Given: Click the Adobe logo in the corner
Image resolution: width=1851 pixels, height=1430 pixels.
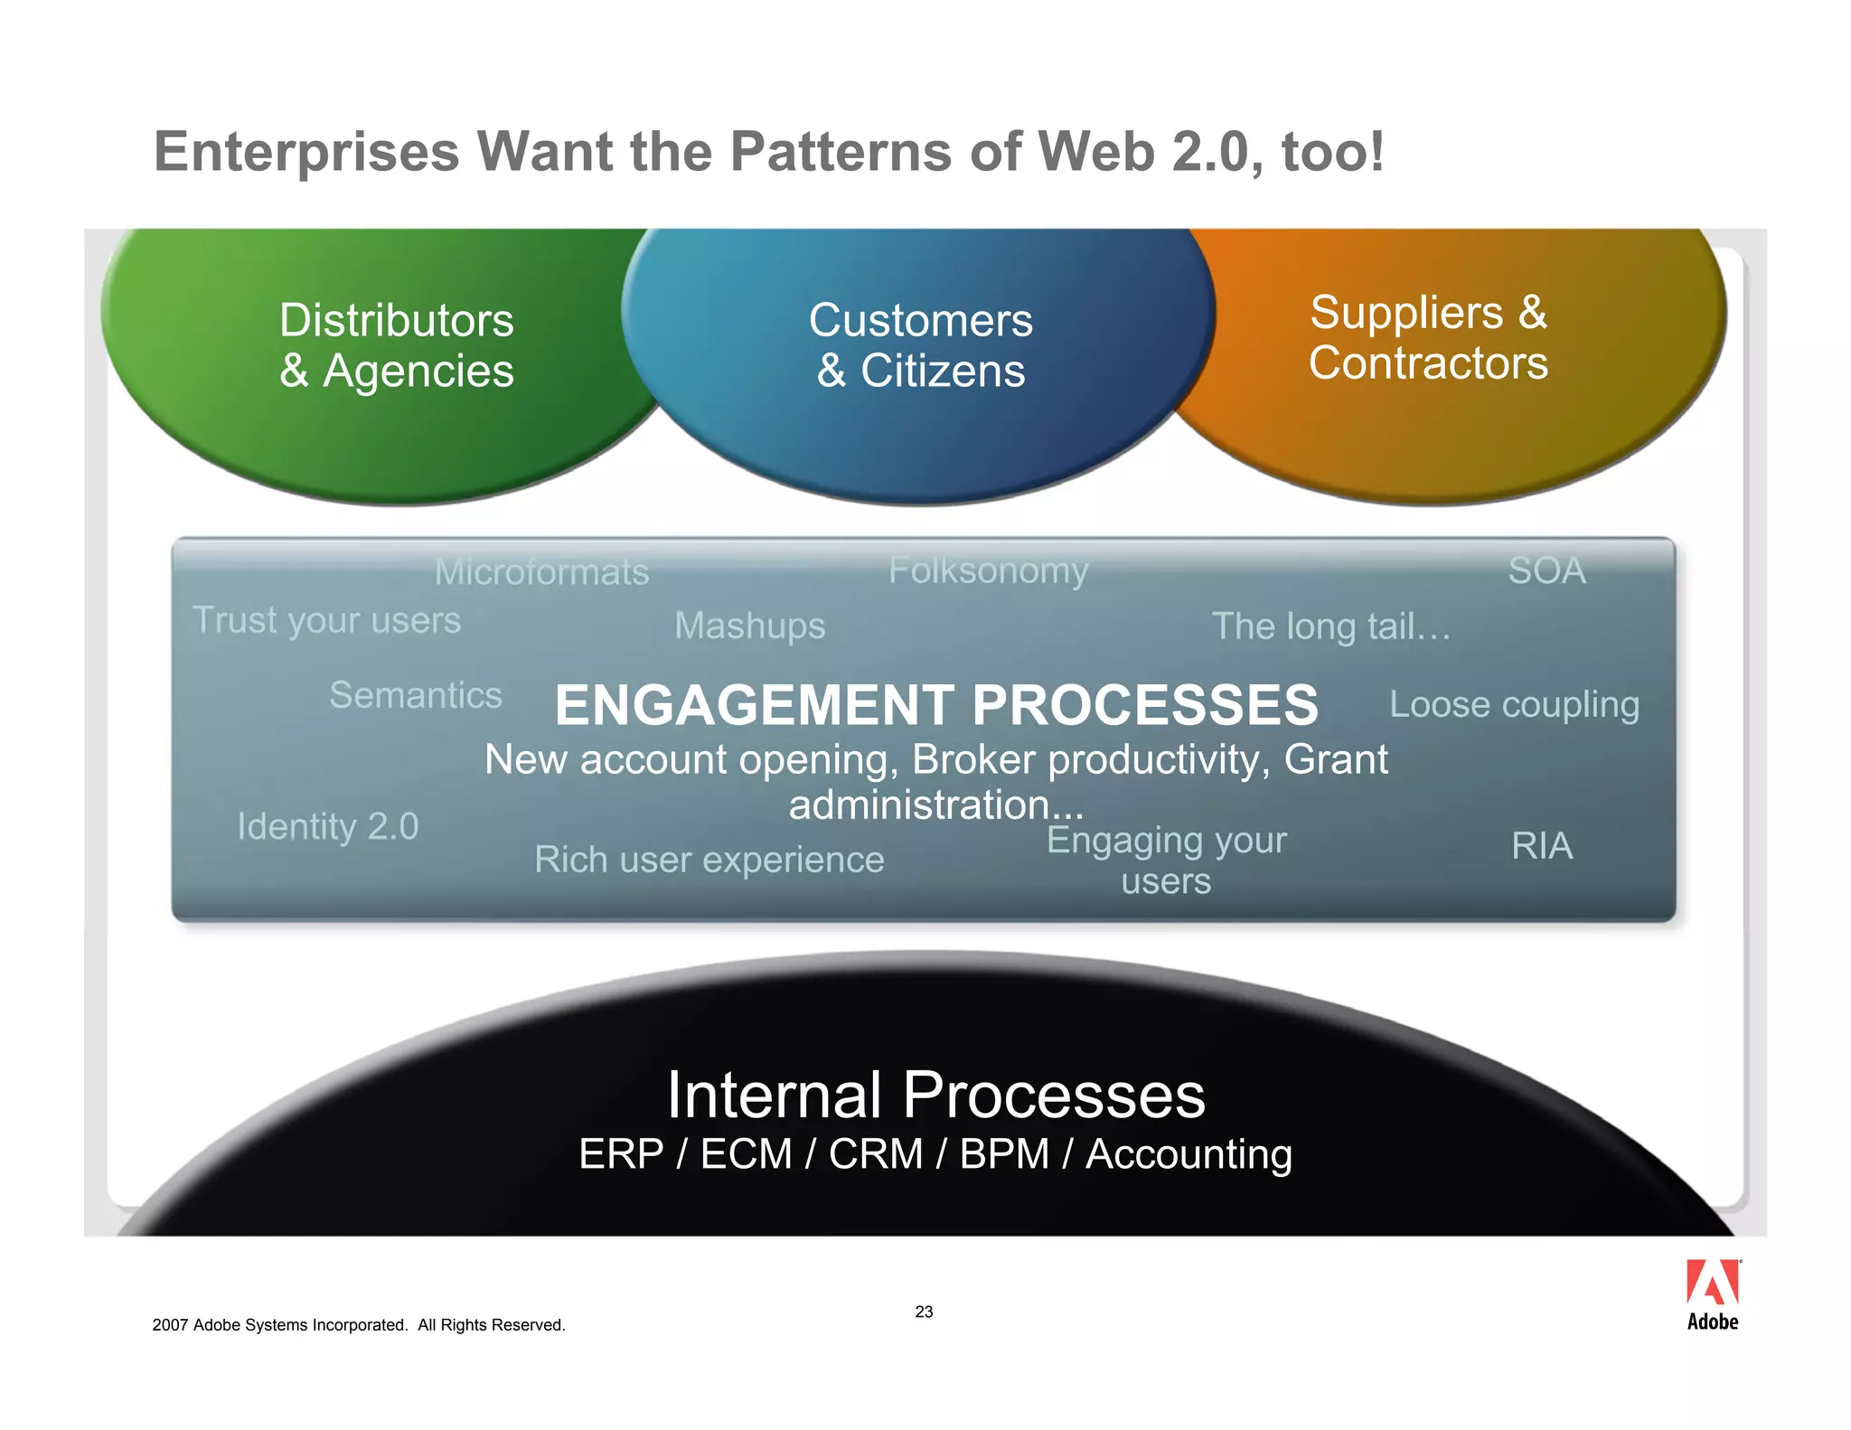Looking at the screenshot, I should (x=1712, y=1294).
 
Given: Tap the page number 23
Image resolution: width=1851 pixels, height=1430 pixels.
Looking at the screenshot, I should (x=924, y=1312).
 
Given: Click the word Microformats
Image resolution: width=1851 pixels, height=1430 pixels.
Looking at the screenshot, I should (x=541, y=572).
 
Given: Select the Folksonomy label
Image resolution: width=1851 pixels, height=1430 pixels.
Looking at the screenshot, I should (x=988, y=570).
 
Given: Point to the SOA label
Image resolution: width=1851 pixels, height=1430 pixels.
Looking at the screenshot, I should (x=1546, y=570).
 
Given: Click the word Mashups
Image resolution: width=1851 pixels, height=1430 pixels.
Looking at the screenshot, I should (x=749, y=626).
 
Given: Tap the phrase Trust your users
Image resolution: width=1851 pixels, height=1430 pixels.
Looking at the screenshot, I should (x=326, y=621).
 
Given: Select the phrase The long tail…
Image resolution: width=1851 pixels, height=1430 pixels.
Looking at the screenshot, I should (x=1330, y=626).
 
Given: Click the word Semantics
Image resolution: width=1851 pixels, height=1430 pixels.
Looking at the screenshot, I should (x=415, y=695).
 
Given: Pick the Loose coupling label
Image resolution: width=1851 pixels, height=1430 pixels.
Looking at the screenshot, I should (x=1514, y=704).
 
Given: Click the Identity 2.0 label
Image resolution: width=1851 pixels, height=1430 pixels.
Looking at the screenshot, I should (x=327, y=826).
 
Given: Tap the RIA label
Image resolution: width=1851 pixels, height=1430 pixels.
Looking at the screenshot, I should (x=1542, y=846).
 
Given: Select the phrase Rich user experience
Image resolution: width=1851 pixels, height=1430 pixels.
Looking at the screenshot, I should (x=709, y=860).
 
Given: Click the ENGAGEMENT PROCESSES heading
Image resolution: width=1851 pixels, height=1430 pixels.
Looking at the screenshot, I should (x=936, y=705).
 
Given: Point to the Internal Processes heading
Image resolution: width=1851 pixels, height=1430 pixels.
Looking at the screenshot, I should (x=935, y=1095).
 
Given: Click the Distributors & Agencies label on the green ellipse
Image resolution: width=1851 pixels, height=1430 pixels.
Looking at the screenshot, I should (x=396, y=345).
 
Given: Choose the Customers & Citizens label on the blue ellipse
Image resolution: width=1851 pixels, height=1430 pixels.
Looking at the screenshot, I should (x=920, y=345).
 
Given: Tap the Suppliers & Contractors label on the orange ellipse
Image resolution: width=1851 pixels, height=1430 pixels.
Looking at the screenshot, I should (x=1428, y=337).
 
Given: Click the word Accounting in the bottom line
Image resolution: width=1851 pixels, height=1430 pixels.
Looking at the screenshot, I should (x=1188, y=1154).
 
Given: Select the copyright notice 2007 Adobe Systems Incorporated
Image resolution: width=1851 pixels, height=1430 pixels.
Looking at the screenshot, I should (x=359, y=1325).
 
